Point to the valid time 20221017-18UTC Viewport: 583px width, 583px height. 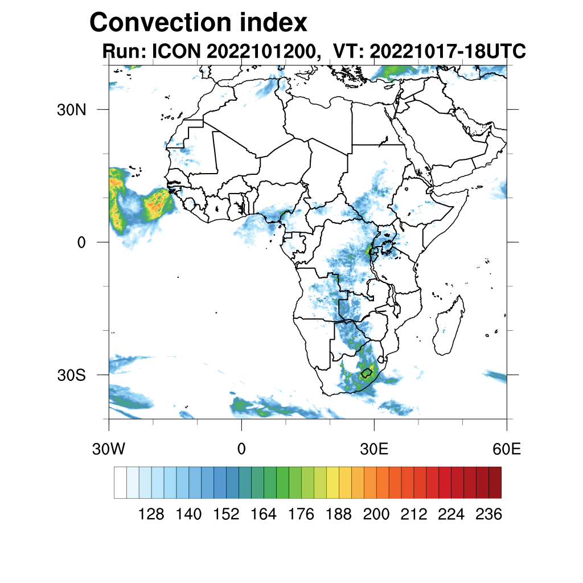point(447,52)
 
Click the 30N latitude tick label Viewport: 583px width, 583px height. point(71,110)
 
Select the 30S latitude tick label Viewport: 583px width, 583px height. point(71,375)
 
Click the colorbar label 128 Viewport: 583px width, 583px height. point(151,515)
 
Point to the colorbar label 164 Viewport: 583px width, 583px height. point(264,515)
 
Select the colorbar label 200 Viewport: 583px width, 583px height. point(376,515)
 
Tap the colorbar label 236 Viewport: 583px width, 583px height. point(488,515)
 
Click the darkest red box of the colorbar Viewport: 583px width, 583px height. point(495,482)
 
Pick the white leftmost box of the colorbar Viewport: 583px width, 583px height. point(120,482)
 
